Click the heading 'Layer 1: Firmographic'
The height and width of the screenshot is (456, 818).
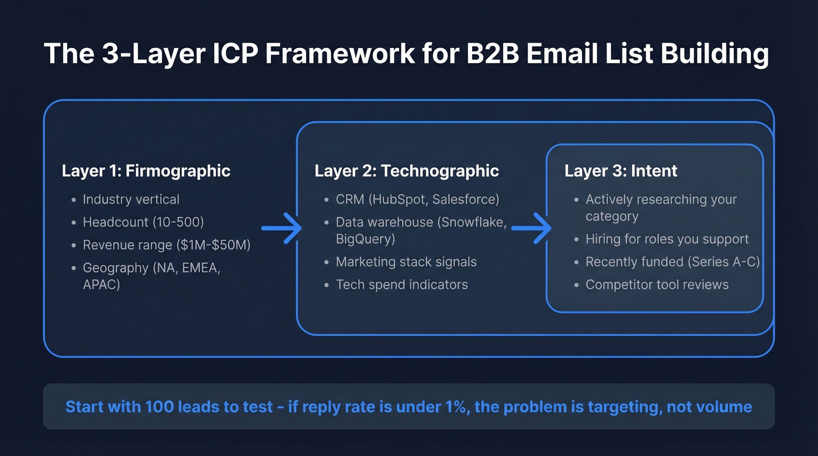(146, 171)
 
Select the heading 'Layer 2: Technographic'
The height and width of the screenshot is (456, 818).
(407, 171)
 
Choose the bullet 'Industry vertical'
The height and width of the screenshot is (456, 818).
(131, 200)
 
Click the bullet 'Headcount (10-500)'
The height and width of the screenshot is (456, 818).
(143, 222)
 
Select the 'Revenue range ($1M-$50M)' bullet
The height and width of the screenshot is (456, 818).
(167, 245)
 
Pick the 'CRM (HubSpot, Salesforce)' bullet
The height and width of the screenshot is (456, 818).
(417, 200)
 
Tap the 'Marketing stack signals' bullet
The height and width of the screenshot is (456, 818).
(406, 262)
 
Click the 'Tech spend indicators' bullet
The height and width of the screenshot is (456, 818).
(401, 285)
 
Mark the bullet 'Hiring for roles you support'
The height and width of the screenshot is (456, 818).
(667, 239)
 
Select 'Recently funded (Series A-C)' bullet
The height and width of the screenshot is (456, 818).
(673, 262)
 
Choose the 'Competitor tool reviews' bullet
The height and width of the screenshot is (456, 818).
(657, 285)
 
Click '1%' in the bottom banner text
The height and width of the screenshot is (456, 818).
(456, 406)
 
